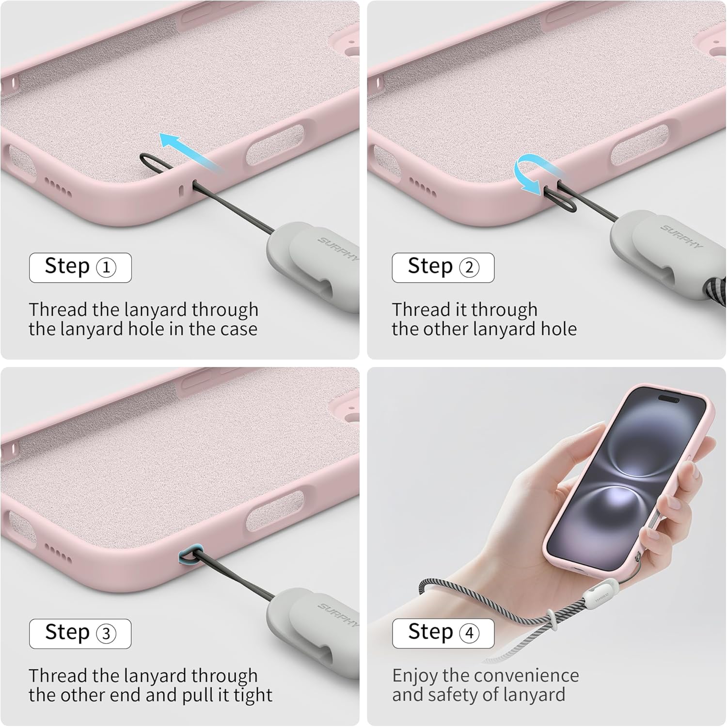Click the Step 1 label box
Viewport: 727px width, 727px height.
tap(80, 268)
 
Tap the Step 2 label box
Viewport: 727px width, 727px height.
tap(443, 268)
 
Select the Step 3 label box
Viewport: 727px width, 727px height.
tap(80, 633)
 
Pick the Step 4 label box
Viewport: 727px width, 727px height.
tap(443, 633)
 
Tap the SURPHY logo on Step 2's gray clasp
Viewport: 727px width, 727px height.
tap(681, 236)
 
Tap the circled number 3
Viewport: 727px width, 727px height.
tap(106, 634)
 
